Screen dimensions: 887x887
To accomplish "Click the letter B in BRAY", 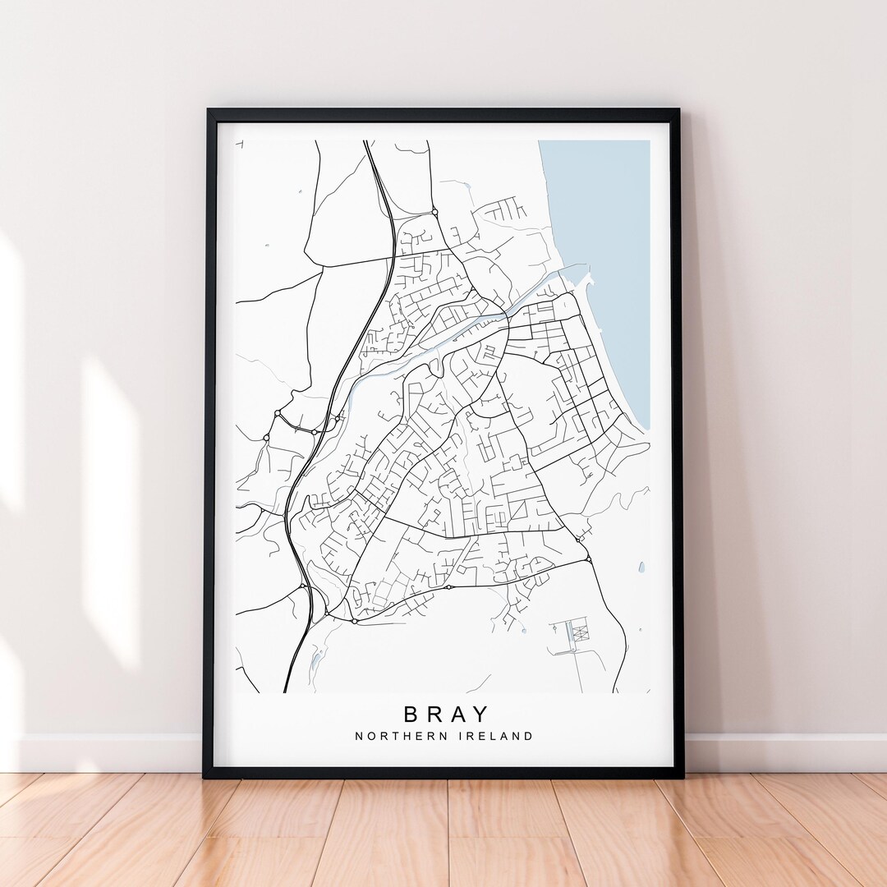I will [x=411, y=714].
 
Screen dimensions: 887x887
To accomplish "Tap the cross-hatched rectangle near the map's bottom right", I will [x=581, y=632].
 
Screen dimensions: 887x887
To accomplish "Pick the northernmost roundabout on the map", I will [x=434, y=212].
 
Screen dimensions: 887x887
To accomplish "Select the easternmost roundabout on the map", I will [x=588, y=559].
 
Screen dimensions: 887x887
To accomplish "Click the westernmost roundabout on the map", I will [x=264, y=439].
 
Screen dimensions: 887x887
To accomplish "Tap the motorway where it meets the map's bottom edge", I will [x=286, y=691].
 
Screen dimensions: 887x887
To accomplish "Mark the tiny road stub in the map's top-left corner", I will [x=240, y=145].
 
